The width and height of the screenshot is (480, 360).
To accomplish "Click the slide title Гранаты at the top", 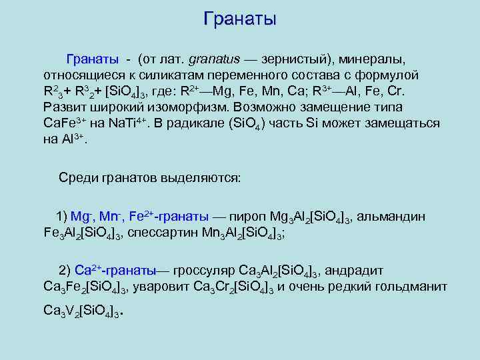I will click(x=239, y=19).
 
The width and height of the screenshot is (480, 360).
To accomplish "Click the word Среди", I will click(x=78, y=178).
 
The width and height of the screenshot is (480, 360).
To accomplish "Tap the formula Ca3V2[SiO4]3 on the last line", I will click(x=81, y=311).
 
